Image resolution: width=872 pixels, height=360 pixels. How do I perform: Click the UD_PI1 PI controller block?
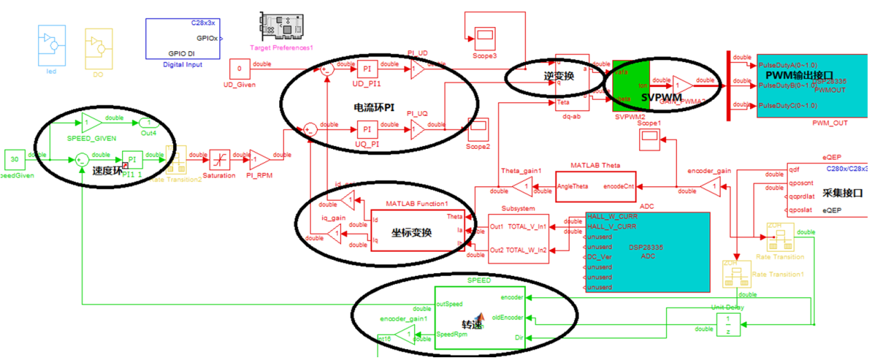coord(367,69)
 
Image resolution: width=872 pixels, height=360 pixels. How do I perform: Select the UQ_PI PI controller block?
coord(367,129)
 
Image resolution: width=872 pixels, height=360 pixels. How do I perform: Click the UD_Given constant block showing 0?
coord(239,69)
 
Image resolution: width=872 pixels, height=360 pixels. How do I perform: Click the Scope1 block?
coord(649,138)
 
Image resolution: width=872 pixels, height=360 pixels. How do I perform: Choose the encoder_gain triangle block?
coord(710,186)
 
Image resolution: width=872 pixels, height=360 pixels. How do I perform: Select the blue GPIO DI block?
coord(182,39)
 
